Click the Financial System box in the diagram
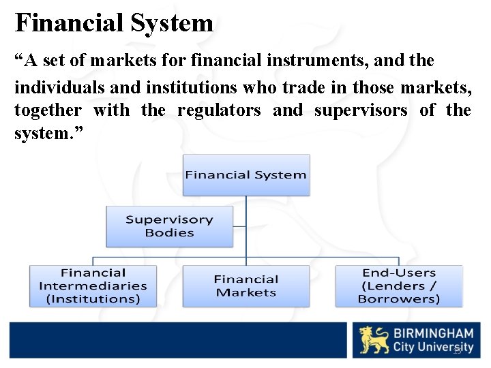point(245,174)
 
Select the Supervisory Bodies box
point(169,226)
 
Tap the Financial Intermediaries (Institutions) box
point(93,286)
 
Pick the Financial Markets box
point(245,286)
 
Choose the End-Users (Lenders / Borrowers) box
point(398,286)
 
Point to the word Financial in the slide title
point(70,23)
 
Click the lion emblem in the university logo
point(374,340)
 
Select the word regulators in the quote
point(219,110)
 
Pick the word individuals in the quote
point(57,88)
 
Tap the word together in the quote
point(48,110)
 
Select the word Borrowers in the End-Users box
point(399,298)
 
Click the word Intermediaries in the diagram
point(93,286)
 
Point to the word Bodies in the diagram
point(169,233)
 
